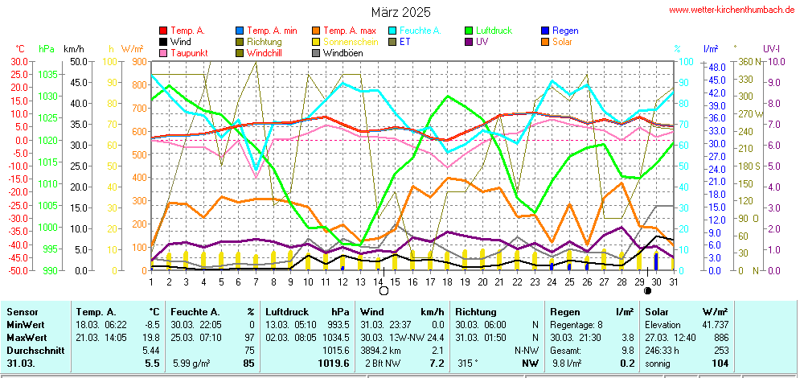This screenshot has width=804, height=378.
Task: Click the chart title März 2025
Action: [400, 12]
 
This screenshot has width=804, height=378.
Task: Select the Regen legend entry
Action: [565, 31]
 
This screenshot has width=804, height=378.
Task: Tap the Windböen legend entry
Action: [343, 53]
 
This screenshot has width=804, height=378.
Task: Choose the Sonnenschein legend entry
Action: [349, 42]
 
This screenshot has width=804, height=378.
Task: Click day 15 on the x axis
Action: [396, 281]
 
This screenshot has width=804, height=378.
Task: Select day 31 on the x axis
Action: [673, 281]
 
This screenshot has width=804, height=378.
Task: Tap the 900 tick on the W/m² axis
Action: [137, 61]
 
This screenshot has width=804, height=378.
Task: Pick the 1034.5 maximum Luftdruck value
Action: [334, 338]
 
